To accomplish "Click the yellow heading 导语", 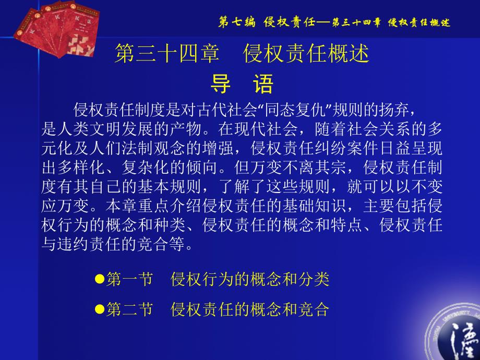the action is [x=242, y=83].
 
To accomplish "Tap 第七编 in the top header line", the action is [x=237, y=22].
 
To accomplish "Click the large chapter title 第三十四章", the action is [x=167, y=53].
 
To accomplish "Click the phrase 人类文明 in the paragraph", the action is [x=89, y=129].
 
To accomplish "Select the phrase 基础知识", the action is [x=315, y=206].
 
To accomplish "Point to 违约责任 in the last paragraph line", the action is [x=89, y=244].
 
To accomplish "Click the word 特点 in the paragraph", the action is [x=347, y=225].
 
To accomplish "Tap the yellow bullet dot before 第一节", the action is [x=100, y=279].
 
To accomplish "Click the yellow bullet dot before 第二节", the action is [x=100, y=309].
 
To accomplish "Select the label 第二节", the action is [x=129, y=309].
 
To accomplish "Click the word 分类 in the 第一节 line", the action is [x=314, y=279].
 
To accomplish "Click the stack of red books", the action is [x=57, y=29].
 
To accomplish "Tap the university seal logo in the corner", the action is [x=454, y=332].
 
